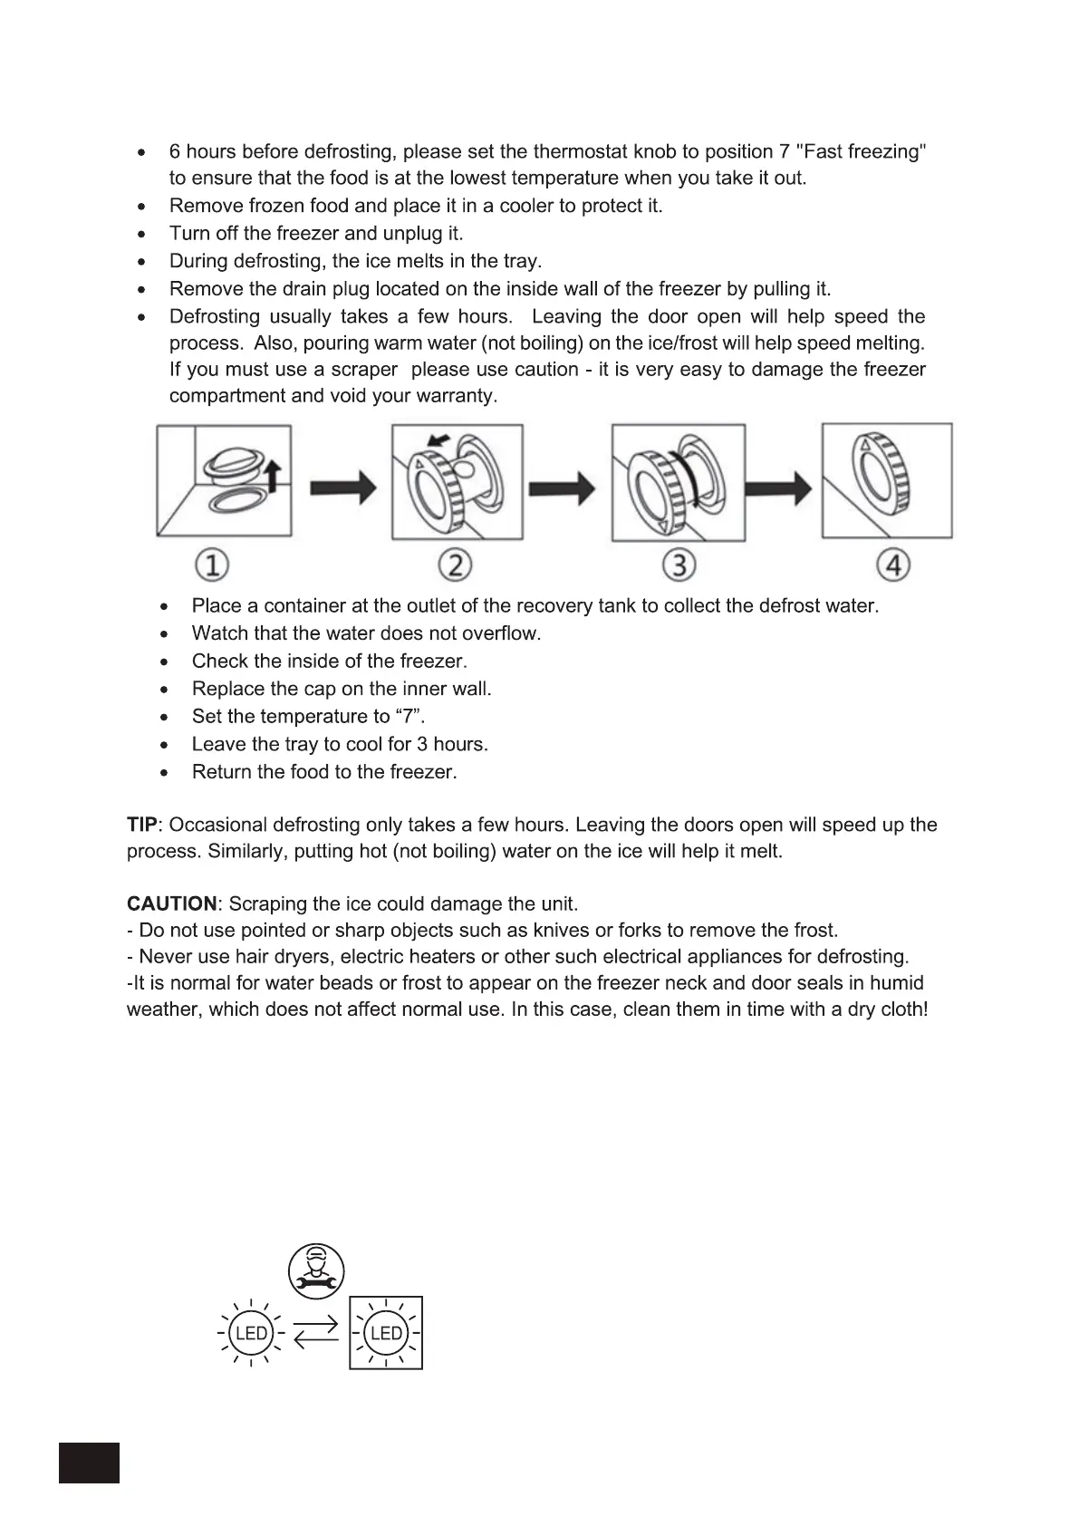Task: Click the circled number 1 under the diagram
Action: pyautogui.click(x=211, y=565)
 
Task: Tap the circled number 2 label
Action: pyautogui.click(x=455, y=565)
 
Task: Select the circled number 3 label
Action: pyautogui.click(x=678, y=565)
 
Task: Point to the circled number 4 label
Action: pyautogui.click(x=893, y=565)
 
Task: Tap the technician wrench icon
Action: pyautogui.click(x=316, y=1270)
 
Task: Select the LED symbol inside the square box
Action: pyautogui.click(x=386, y=1333)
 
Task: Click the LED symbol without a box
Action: pyautogui.click(x=251, y=1333)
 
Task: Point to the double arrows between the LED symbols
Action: pyautogui.click(x=317, y=1333)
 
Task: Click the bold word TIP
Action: pyautogui.click(x=141, y=825)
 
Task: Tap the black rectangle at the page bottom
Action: pyautogui.click(x=89, y=1462)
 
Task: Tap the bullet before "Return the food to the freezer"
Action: pyautogui.click(x=163, y=772)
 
